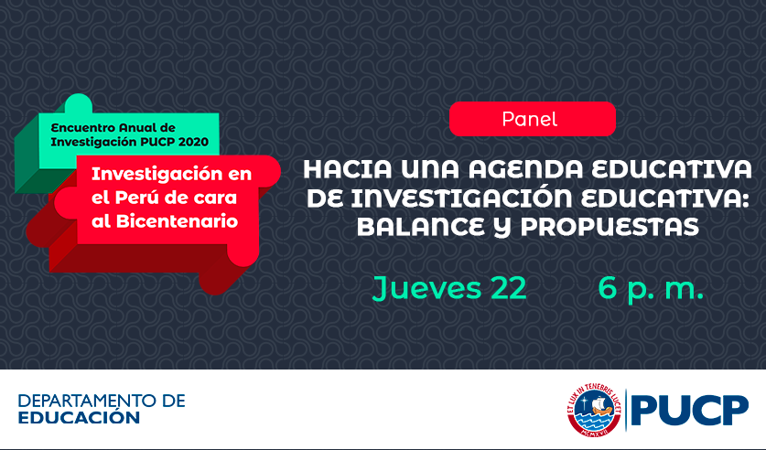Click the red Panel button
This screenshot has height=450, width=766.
click(532, 119)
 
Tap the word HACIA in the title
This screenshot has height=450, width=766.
click(348, 169)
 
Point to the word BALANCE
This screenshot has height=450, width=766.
click(421, 227)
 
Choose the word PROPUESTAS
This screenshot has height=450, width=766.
click(610, 227)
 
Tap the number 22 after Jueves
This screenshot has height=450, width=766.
click(509, 288)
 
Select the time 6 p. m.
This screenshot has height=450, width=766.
click(651, 289)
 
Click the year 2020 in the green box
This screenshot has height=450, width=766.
click(193, 142)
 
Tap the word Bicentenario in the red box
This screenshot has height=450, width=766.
click(177, 221)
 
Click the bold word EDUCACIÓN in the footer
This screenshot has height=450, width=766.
click(79, 417)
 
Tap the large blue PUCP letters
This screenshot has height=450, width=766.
click(689, 411)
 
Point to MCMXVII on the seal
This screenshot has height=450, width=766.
click(594, 432)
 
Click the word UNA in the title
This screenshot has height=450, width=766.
click(430, 169)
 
